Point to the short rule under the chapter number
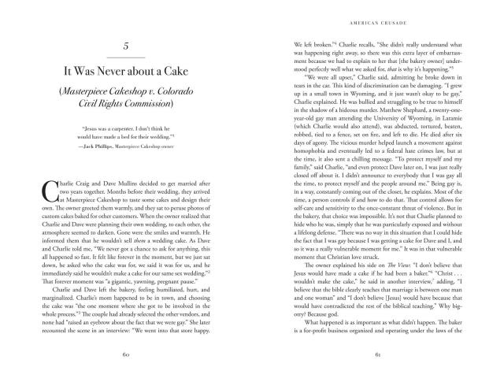pyautogui.click(x=127, y=58)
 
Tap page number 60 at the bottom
pyautogui.click(x=127, y=353)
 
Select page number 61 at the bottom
pyautogui.click(x=376, y=353)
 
